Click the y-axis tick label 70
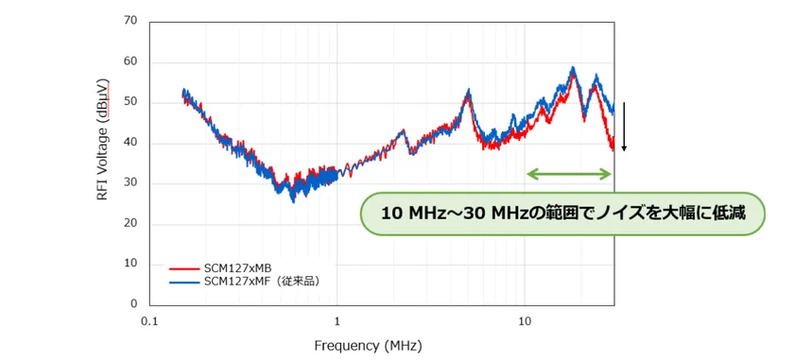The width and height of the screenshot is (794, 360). pyautogui.click(x=130, y=20)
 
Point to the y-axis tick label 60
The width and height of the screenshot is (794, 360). pyautogui.click(x=130, y=61)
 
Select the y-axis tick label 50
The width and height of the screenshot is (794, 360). pyautogui.click(x=130, y=102)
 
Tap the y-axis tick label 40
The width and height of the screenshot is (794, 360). pyautogui.click(x=130, y=143)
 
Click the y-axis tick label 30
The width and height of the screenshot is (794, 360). pyautogui.click(x=130, y=183)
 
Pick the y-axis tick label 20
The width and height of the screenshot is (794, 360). pyautogui.click(x=130, y=224)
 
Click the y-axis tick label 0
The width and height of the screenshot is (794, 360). pyautogui.click(x=133, y=304)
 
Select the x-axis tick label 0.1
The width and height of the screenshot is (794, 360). pyautogui.click(x=148, y=322)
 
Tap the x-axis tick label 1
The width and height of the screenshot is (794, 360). pyautogui.click(x=337, y=322)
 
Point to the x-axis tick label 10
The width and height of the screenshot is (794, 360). pyautogui.click(x=525, y=322)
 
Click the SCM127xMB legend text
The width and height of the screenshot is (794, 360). pyautogui.click(x=239, y=267)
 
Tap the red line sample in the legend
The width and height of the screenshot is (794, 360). pyautogui.click(x=185, y=267)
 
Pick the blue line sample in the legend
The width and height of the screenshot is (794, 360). pyautogui.click(x=185, y=281)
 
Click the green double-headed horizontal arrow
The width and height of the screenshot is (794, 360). pyautogui.click(x=570, y=174)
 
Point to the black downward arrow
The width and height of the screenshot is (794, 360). pyautogui.click(x=624, y=127)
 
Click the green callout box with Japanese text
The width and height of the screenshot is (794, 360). pyautogui.click(x=562, y=214)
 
